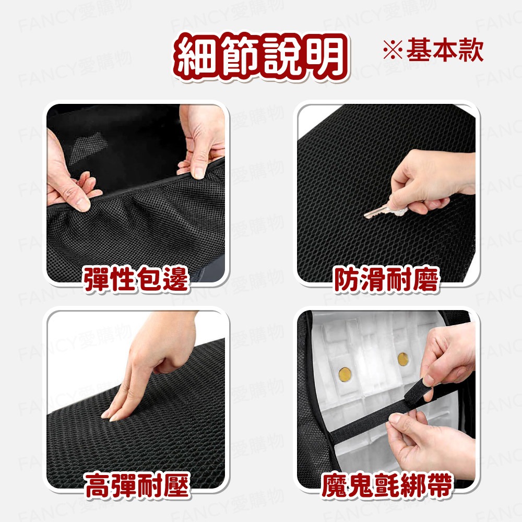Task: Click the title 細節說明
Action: (x=261, y=57)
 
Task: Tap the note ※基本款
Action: (x=433, y=51)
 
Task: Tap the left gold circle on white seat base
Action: (x=345, y=373)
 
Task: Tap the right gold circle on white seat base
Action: (x=402, y=359)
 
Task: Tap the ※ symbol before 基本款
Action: (x=392, y=51)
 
